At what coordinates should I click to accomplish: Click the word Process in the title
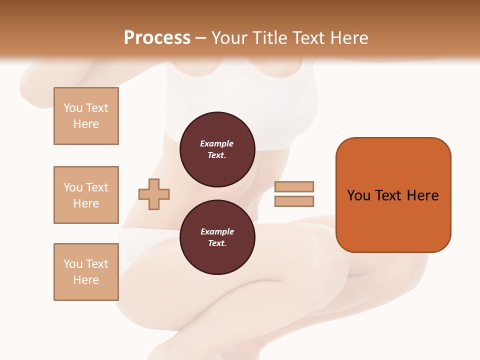coord(157,38)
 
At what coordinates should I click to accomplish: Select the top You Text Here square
coord(86,116)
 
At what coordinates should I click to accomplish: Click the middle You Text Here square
coord(86,195)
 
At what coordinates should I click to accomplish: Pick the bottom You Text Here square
coord(86,272)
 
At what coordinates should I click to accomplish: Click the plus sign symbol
coord(154,194)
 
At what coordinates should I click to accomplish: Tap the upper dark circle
coord(217,149)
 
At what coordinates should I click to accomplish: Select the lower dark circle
coord(217,237)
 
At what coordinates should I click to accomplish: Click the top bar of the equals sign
coord(294,186)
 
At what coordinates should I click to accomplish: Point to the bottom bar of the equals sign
coord(294,201)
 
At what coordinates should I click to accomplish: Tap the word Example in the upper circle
coord(217,143)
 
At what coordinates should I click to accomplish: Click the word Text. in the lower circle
coord(217,243)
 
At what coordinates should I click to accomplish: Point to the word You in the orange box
coord(358,195)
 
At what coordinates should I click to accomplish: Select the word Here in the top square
coord(86,124)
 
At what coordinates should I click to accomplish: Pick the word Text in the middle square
coord(96,187)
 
